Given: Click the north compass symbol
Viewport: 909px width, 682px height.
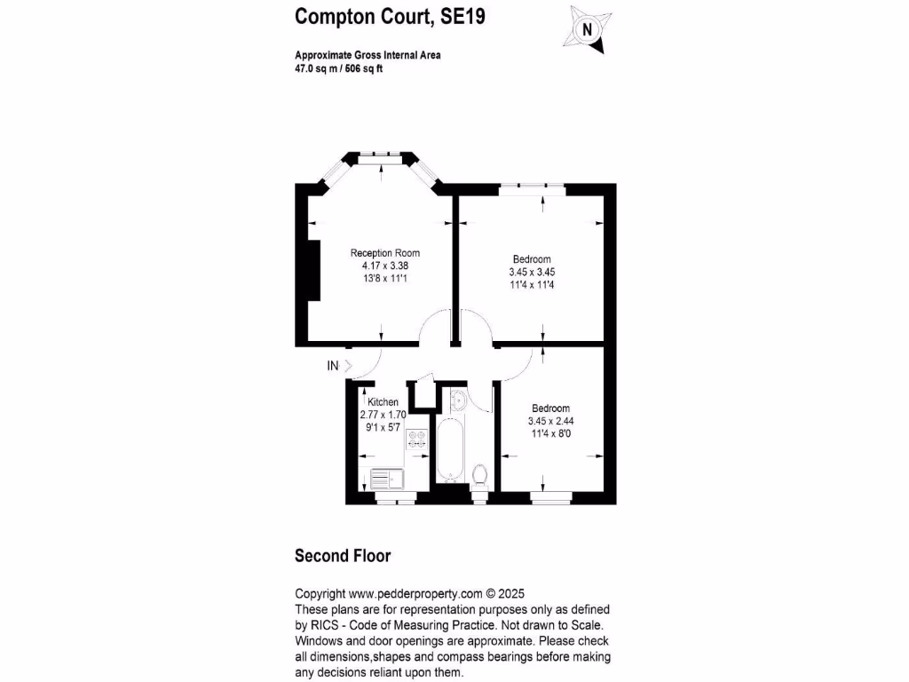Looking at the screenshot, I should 586,28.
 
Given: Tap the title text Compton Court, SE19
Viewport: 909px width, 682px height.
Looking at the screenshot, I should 390,17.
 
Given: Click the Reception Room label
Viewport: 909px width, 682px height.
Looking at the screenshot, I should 384,253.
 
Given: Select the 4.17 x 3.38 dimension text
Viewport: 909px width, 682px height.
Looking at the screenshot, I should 384,266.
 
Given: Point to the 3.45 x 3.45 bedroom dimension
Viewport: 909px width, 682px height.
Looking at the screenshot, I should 532,272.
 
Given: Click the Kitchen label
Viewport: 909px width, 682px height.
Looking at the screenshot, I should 383,402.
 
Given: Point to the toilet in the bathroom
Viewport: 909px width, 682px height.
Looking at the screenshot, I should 480,475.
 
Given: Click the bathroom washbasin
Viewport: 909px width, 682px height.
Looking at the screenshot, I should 459,402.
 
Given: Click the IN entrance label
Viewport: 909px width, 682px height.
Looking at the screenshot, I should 333,365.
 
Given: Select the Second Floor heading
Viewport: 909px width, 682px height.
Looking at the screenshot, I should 342,557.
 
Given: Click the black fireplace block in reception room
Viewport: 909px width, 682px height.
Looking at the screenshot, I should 313,270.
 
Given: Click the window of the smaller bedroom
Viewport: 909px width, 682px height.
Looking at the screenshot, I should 551,496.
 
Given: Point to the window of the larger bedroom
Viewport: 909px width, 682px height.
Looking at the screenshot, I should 532,187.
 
